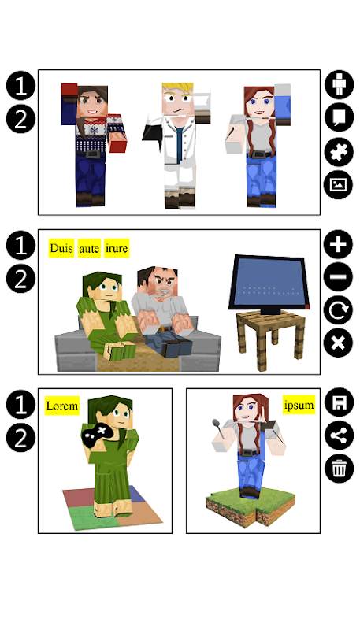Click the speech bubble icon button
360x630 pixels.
(339, 117)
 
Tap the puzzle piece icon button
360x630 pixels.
(339, 151)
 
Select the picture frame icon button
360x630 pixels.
(339, 185)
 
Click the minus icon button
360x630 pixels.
(338, 277)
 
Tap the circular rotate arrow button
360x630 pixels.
(338, 309)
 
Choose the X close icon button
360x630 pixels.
(338, 343)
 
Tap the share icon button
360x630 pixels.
(339, 435)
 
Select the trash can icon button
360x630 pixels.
(339, 468)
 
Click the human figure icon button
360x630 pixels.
(339, 85)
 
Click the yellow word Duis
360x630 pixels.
(61, 248)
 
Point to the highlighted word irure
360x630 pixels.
(117, 248)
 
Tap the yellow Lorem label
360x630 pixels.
(62, 406)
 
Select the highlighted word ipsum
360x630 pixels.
(299, 405)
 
